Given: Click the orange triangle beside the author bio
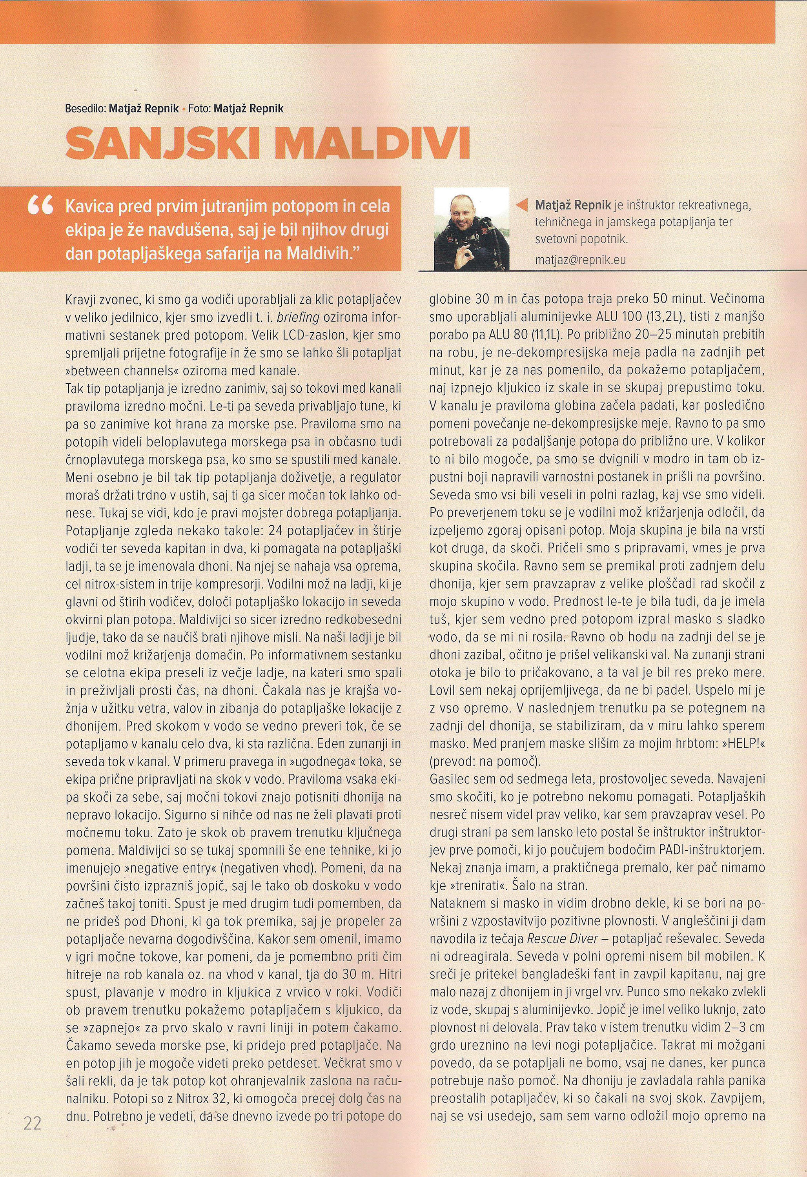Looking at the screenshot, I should point(521,205).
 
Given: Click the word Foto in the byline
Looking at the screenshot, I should point(200,108).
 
